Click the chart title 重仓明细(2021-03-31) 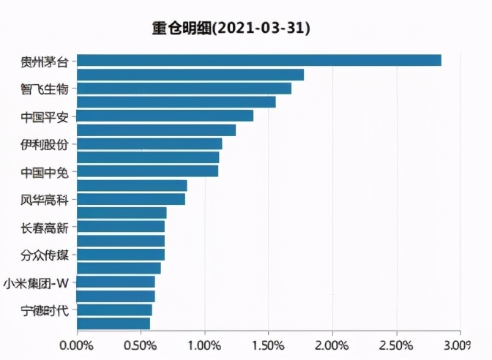click(231, 29)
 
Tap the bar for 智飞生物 click(184, 89)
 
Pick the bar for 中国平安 click(165, 116)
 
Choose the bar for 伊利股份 click(149, 143)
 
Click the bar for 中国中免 click(147, 171)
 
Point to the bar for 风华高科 click(131, 199)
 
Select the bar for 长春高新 click(121, 227)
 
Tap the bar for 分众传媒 click(121, 255)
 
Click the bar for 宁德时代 click(114, 310)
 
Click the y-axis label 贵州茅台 click(44, 61)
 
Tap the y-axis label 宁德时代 click(44, 310)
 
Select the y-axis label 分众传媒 click(44, 255)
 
